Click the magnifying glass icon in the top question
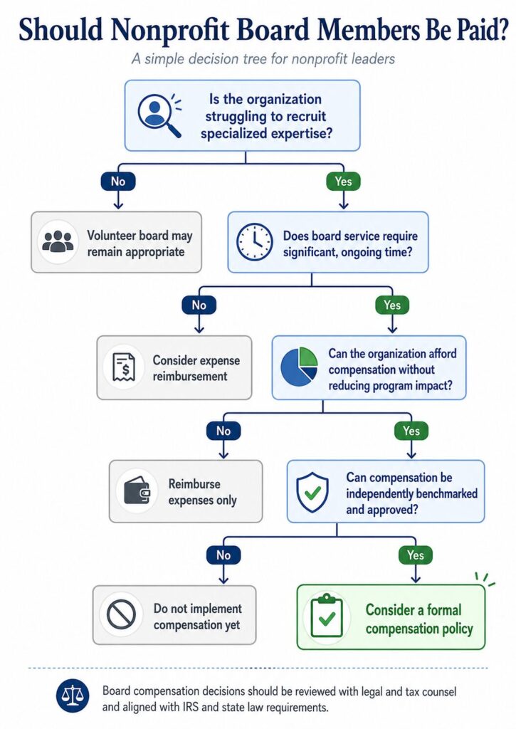(159, 115)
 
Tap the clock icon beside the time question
(254, 242)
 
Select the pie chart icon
(300, 367)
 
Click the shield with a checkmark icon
(312, 493)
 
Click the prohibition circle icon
(121, 614)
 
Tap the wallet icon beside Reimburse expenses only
(137, 492)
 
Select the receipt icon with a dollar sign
(125, 367)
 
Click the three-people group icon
(58, 242)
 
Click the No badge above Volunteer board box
(118, 181)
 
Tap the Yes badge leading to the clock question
(344, 181)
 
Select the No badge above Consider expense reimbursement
(199, 305)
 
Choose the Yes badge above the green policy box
(415, 555)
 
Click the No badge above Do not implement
(223, 555)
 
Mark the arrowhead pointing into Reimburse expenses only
(223, 455)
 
